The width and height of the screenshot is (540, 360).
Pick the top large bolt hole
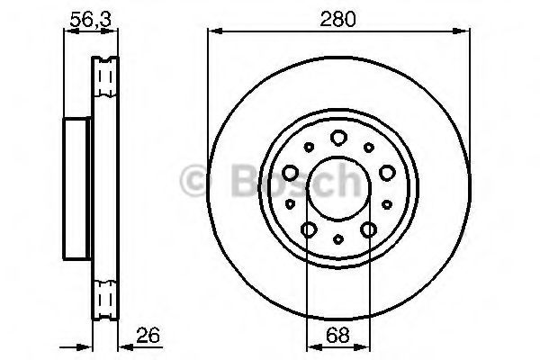337,138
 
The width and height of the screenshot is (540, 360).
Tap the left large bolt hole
290,172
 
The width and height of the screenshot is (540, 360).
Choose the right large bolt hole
386,172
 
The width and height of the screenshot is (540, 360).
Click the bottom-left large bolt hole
308,230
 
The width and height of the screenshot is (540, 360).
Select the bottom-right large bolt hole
367,230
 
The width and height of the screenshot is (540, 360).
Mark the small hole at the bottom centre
337,239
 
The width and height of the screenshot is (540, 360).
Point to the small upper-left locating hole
308,147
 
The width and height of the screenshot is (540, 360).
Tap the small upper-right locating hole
367,147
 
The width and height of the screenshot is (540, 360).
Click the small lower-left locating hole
290,204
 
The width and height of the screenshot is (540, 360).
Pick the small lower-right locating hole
386,204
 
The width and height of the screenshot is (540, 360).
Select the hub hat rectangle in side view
78,186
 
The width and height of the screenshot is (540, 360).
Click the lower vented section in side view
106,295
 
